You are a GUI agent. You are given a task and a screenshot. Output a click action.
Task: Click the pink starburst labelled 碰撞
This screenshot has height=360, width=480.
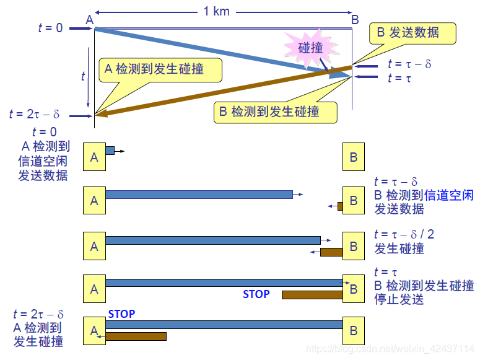310,48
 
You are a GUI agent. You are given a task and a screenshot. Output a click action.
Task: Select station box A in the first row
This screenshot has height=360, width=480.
94,157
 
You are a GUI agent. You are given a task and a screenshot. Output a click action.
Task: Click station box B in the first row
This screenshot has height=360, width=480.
354,157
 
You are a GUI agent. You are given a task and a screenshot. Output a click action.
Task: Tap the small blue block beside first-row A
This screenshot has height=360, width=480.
110,151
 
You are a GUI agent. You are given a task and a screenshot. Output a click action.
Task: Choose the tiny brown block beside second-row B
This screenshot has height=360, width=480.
340,206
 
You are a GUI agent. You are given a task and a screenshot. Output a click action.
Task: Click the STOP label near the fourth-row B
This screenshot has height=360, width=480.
256,294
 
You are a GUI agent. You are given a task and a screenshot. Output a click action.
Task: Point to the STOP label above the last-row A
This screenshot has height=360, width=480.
121,314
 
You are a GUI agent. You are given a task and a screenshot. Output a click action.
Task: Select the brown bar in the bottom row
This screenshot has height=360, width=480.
136,336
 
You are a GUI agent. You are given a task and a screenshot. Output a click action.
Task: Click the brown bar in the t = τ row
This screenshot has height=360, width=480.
312,295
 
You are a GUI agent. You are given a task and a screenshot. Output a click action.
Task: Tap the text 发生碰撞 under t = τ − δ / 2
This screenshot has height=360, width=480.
399,249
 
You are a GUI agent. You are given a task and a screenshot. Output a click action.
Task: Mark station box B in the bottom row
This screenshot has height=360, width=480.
354,330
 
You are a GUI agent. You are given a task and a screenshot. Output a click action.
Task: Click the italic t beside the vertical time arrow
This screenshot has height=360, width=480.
83,76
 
